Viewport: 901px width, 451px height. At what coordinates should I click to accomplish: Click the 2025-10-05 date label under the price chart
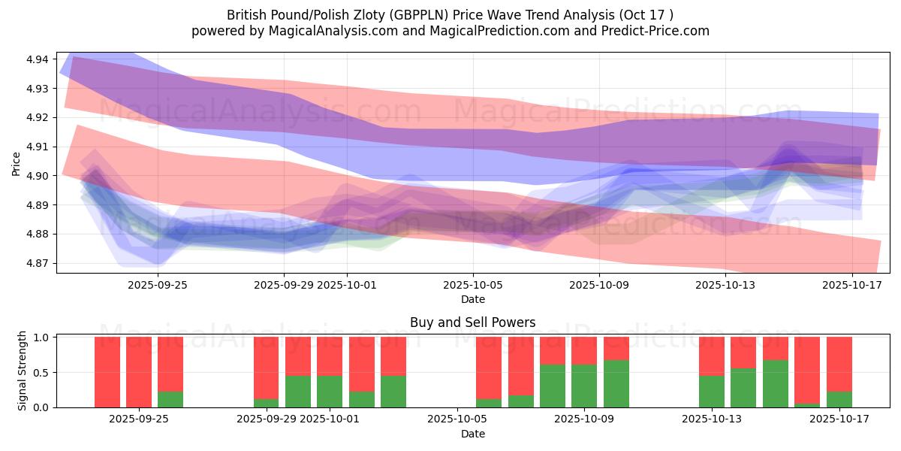[x=473, y=285]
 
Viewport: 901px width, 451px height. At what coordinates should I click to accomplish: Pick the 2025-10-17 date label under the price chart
[x=853, y=285]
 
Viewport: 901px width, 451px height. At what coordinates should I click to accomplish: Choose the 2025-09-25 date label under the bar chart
[x=139, y=419]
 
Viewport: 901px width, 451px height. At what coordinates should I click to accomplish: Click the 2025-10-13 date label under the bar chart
[x=712, y=419]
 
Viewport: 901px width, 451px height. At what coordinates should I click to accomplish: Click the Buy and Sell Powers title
[x=473, y=322]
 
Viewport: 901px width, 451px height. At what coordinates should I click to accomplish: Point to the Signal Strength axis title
[x=23, y=371]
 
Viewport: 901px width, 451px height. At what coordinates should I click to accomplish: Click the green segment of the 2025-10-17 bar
[x=839, y=399]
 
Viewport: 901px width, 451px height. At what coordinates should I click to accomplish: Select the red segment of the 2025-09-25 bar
[x=170, y=364]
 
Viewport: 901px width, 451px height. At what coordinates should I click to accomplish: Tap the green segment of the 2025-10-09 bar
[x=584, y=386]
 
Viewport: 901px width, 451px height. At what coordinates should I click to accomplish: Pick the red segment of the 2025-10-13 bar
[x=712, y=356]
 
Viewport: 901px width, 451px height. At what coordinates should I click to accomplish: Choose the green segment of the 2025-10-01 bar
[x=330, y=391]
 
